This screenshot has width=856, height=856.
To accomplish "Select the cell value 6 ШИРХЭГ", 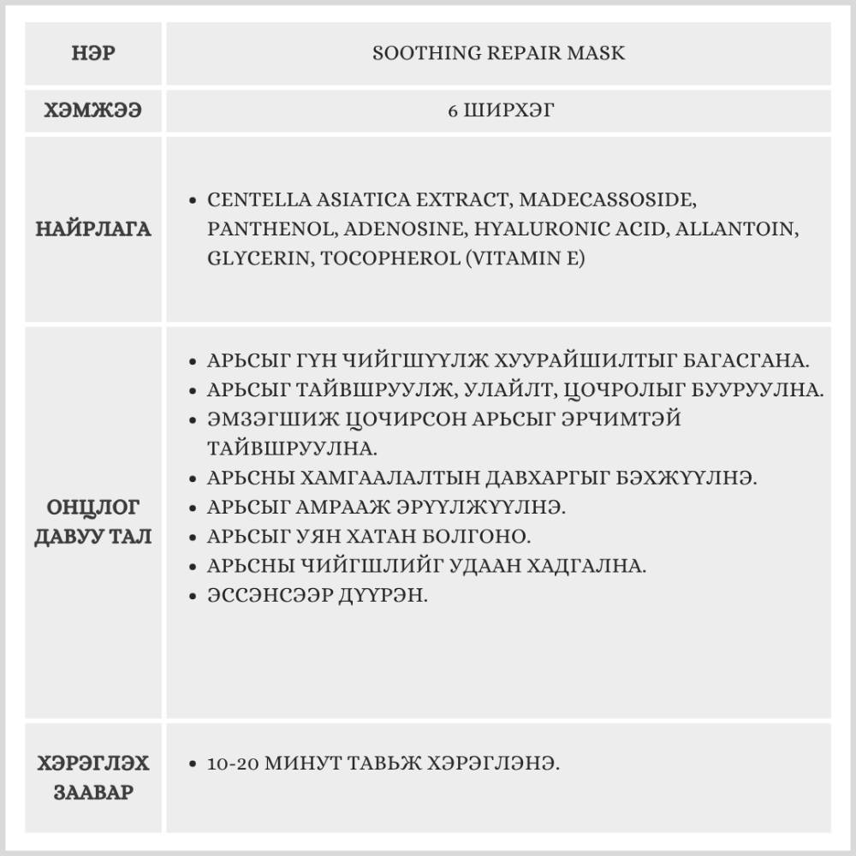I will (500, 110).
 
